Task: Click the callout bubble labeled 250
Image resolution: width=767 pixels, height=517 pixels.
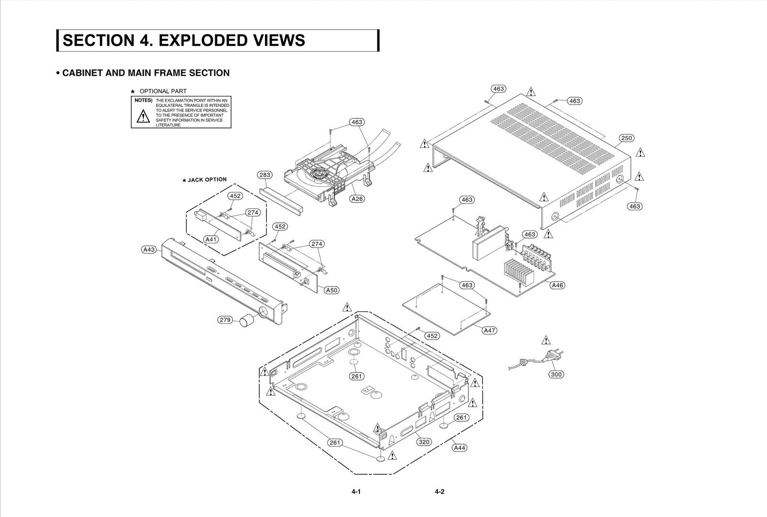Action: tap(627, 138)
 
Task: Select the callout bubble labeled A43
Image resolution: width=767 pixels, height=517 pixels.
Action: tap(149, 249)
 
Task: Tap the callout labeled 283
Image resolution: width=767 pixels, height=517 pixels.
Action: tap(265, 175)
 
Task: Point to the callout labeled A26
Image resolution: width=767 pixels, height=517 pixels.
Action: tap(357, 198)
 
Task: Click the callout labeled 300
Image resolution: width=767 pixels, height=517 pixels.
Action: tap(556, 374)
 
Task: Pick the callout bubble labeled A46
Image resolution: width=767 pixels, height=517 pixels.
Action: tap(557, 285)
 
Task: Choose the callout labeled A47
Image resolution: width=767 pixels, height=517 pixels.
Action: tap(489, 330)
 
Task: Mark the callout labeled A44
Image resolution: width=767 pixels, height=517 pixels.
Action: tap(459, 448)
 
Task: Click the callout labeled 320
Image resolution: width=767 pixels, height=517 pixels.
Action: tap(424, 442)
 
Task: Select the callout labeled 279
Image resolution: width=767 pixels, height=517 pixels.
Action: tap(225, 320)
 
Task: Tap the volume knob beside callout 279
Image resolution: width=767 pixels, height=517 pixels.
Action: tap(246, 320)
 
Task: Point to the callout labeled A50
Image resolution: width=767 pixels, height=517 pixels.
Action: tap(332, 290)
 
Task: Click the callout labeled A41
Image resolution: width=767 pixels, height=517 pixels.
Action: tap(211, 239)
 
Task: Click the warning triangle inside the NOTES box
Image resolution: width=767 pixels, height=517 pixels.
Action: tap(142, 116)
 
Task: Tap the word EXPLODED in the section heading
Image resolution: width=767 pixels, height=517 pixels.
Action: tap(199, 40)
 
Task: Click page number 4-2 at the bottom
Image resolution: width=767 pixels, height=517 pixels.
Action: tap(440, 492)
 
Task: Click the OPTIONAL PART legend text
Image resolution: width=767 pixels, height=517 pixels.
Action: tap(163, 91)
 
